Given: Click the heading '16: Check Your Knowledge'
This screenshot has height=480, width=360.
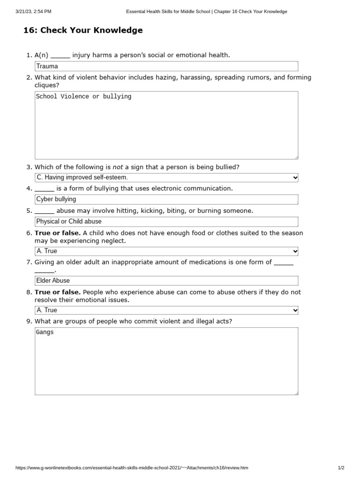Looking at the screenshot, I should coord(83,30).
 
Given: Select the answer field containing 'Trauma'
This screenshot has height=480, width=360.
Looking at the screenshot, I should coord(166,66).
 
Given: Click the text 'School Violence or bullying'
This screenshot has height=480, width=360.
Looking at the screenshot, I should coord(83,97).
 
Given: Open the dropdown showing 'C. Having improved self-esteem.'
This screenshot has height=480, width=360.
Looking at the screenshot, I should coord(166,178).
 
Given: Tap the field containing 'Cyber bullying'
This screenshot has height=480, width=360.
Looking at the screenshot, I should coord(166,199).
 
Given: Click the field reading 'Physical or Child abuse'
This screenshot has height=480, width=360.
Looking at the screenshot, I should coord(166,221).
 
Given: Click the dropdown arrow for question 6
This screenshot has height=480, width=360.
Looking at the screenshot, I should coord(295,251).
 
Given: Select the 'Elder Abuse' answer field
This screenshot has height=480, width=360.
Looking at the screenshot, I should coord(166,280).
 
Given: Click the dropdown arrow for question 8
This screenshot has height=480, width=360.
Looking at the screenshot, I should coord(295,310).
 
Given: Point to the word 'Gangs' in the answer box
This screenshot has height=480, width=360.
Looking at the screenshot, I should coord(45,332).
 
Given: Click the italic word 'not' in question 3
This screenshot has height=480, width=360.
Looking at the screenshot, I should coord(118,167).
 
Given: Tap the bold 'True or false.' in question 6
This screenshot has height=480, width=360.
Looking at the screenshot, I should coord(58,233).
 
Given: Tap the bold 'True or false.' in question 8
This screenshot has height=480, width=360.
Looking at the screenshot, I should coord(58,292).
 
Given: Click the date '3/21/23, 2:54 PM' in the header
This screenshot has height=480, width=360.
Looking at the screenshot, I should coord(33,11).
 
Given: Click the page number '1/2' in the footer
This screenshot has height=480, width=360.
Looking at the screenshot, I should coord(341,468).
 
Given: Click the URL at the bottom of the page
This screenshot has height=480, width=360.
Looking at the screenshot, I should coord(132,468).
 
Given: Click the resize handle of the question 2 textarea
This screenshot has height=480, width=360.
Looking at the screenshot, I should coord(296,157).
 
